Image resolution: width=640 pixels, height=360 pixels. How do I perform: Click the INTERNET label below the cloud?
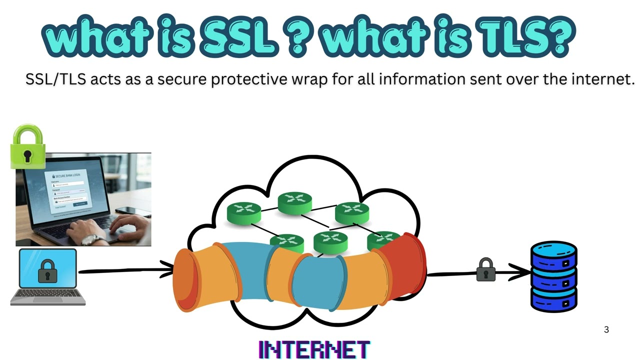click(x=314, y=349)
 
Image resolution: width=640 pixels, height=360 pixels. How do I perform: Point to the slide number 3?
click(x=606, y=329)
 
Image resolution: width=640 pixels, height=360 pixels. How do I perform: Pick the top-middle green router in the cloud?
click(x=295, y=202)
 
